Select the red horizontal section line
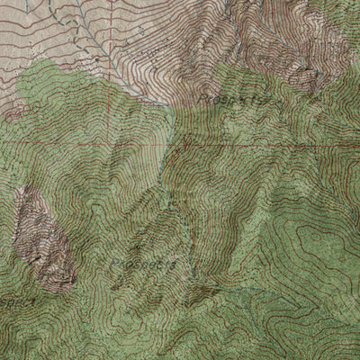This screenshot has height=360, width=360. click(x=90, y=141)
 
